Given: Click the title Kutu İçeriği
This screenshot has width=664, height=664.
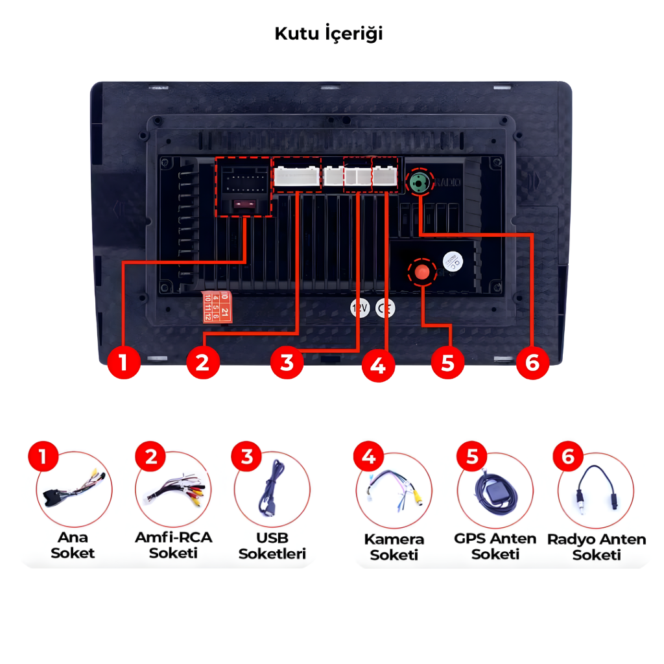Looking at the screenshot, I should point(329,34).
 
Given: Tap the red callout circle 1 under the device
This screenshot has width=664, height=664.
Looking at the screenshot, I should point(124,362).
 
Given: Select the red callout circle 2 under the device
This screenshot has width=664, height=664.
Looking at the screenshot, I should point(203,362).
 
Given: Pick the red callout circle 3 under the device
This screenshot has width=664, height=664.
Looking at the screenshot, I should point(287,362).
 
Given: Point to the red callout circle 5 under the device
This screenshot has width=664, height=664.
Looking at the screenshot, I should point(447,362).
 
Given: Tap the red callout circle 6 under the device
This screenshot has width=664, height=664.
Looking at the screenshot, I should point(532,362).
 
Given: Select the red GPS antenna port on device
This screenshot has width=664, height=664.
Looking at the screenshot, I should point(422,271).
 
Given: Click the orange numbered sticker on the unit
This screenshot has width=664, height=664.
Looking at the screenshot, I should point(216,305).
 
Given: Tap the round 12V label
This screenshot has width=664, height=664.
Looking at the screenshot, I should point(359,308).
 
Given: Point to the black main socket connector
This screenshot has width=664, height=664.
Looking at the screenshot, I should point(243,187).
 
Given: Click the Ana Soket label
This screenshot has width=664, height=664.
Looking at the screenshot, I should point(73,545).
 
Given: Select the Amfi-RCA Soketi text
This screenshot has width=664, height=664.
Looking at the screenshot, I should point(173,545).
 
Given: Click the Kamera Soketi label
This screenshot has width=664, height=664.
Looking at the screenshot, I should point(394,547).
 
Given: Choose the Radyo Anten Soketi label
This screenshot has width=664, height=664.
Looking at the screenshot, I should point(597,547).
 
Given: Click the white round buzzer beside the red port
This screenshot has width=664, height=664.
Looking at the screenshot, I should point(453,261).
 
